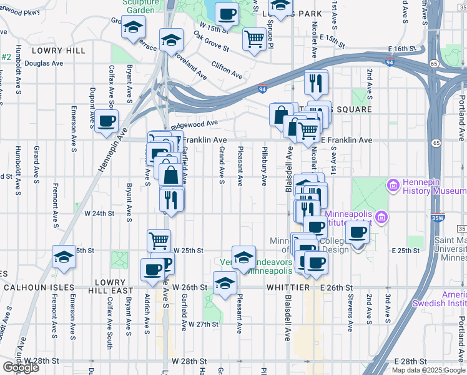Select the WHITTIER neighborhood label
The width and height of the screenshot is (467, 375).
(288, 287)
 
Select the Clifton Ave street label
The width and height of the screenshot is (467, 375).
(227, 69)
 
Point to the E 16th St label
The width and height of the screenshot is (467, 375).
(401, 48)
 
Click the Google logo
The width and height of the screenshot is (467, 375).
(20, 367)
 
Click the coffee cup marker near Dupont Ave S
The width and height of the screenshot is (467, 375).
(106, 121)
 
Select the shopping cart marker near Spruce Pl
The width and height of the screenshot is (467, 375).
(254, 39)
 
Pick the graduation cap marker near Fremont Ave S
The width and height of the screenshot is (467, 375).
(64, 257)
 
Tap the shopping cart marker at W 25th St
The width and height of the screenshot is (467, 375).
(159, 239)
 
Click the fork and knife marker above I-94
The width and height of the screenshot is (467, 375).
(317, 81)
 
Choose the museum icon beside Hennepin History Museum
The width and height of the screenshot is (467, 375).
(393, 185)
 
